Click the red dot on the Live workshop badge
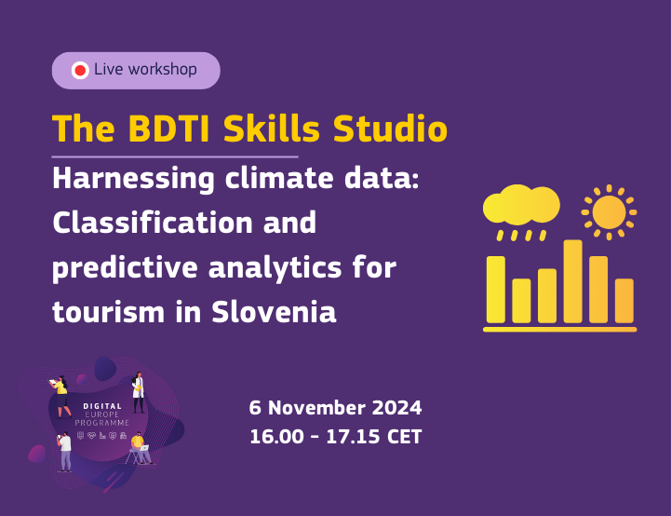[x=80, y=70]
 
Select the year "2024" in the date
[x=396, y=408]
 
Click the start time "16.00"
[x=275, y=436]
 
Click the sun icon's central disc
[x=609, y=211]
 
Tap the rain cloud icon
[x=520, y=206]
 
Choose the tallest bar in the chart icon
[x=573, y=281]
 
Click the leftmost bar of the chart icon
[x=496, y=290]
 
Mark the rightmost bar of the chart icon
[x=624, y=301]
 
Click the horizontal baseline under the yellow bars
[x=559, y=329]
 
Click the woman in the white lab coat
[x=139, y=391]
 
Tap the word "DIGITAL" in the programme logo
[x=102, y=407]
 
